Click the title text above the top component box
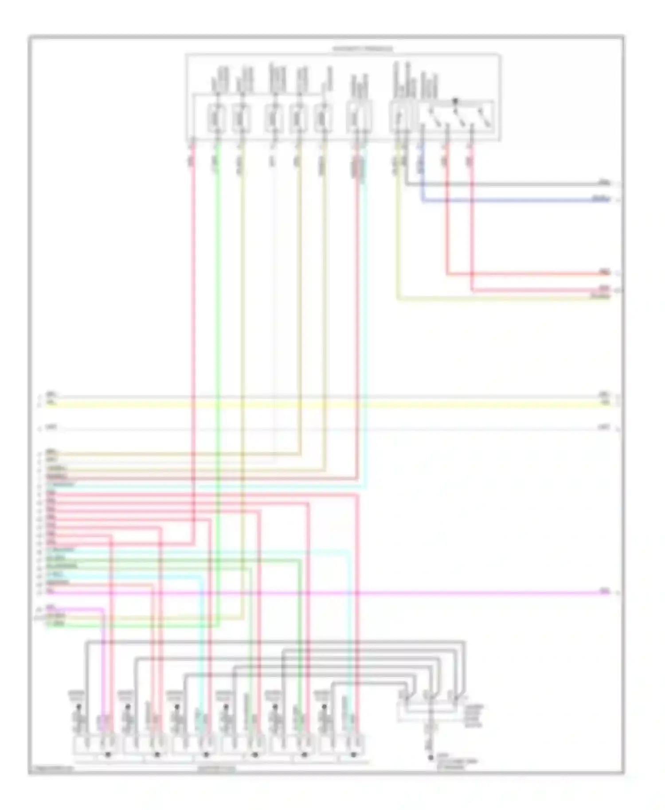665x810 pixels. coord(362,49)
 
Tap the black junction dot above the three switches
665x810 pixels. coord(455,101)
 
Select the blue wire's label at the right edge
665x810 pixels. coord(601,199)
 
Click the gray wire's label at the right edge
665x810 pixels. coord(604,182)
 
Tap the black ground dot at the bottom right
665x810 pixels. coord(430,758)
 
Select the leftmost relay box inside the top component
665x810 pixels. coord(216,118)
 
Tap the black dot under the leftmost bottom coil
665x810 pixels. coord(107,754)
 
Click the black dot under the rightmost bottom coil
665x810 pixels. coord(353,754)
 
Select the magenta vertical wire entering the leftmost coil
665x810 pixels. coord(103,665)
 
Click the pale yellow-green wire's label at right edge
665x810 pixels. coord(600,296)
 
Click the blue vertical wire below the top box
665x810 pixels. coord(422,177)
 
